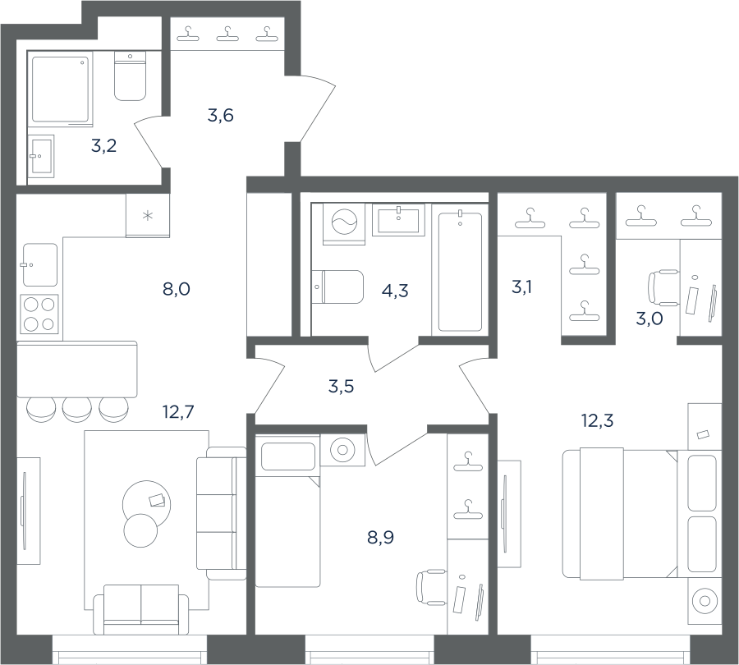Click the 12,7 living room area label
(x=178, y=412)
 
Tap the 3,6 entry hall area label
(x=221, y=115)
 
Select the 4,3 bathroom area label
(x=395, y=291)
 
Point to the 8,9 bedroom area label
(x=380, y=537)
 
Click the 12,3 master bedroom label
(x=598, y=420)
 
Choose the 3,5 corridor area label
(x=341, y=387)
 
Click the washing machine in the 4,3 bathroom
(x=345, y=224)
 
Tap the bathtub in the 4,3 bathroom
(x=460, y=272)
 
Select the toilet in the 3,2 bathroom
(x=130, y=76)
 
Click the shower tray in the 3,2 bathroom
(x=60, y=89)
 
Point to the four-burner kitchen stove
(x=39, y=314)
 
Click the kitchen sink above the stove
(x=40, y=265)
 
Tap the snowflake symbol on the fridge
(x=148, y=216)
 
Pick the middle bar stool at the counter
(x=77, y=409)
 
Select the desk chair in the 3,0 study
(x=663, y=287)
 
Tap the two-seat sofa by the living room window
(x=141, y=610)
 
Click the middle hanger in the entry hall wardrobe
(x=227, y=34)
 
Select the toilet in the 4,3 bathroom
(x=337, y=287)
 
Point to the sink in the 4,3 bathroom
(x=399, y=220)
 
